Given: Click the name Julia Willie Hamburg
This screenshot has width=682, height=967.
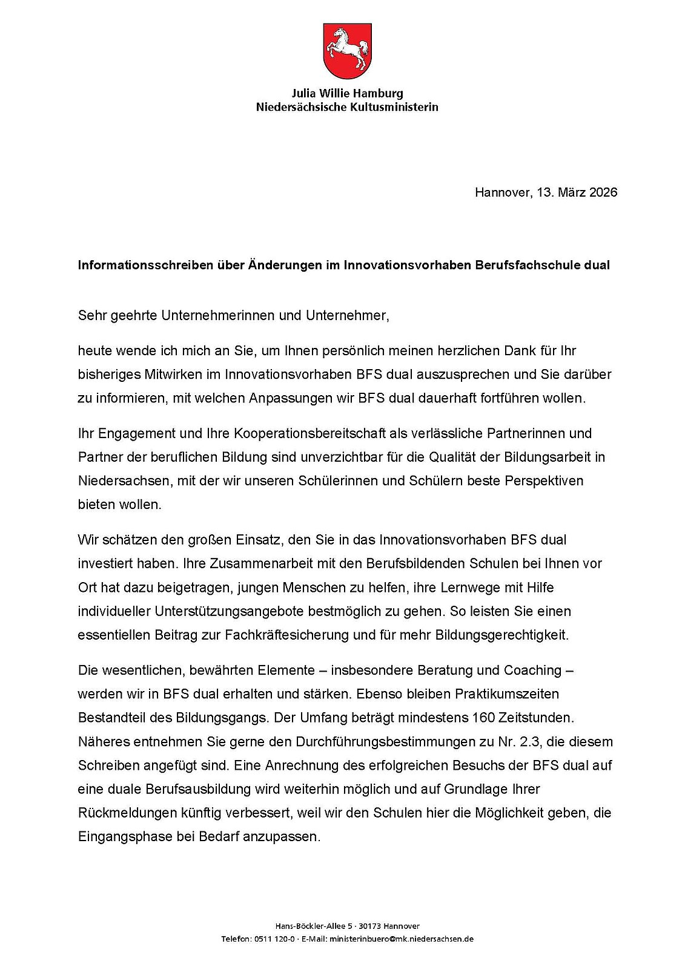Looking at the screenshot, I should (x=347, y=94).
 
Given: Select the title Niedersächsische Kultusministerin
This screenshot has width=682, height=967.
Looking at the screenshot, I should (x=347, y=107).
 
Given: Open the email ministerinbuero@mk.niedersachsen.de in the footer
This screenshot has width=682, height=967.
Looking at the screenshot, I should (x=401, y=939).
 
